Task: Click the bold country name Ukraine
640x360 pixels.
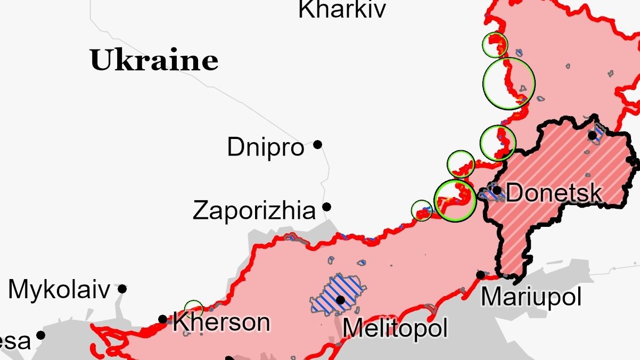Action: tap(154, 60)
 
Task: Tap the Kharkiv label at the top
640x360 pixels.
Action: tap(341, 10)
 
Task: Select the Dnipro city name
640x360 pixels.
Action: tap(265, 147)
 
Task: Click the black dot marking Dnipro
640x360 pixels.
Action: tap(318, 144)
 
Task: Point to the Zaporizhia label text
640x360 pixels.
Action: tap(254, 210)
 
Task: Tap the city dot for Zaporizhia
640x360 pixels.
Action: tap(327, 207)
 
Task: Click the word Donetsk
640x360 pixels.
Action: tap(554, 192)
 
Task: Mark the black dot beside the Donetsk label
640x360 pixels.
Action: tap(497, 190)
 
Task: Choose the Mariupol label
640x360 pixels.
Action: tap(531, 297)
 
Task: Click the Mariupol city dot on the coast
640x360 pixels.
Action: tap(481, 275)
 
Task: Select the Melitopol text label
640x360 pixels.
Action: tap(395, 328)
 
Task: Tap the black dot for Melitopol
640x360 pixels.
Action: tap(340, 300)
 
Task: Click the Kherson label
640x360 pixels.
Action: tap(221, 322)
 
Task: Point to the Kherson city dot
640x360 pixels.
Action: tap(163, 320)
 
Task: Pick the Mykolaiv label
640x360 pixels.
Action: tap(59, 290)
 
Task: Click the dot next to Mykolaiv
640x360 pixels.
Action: tap(122, 289)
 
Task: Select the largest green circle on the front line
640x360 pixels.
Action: tap(508, 84)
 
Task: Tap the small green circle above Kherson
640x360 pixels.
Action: tap(193, 308)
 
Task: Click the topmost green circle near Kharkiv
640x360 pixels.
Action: tap(495, 45)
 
